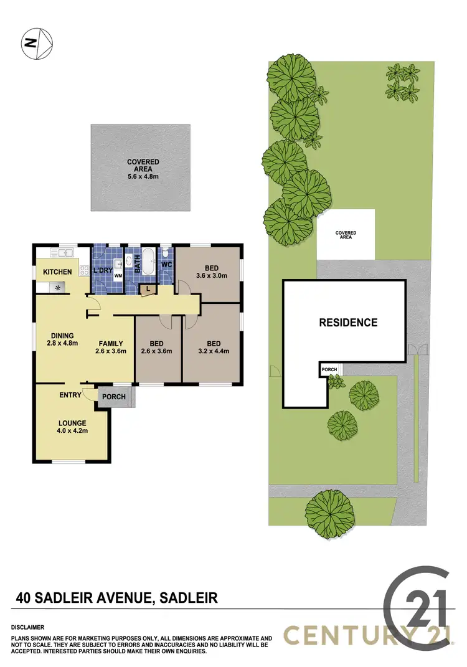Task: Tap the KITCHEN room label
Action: pyautogui.click(x=57, y=272)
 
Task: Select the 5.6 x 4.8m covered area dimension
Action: pyautogui.click(x=143, y=176)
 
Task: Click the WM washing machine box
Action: pyautogui.click(x=118, y=275)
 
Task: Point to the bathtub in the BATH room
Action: pyautogui.click(x=148, y=262)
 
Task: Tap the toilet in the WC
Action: pyautogui.click(x=166, y=255)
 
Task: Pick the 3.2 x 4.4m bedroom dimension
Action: pyautogui.click(x=214, y=351)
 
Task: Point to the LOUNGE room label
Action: pyautogui.click(x=72, y=423)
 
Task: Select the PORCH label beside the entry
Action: pyautogui.click(x=113, y=397)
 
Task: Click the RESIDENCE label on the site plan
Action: pyautogui.click(x=348, y=323)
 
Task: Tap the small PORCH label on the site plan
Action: pyautogui.click(x=329, y=369)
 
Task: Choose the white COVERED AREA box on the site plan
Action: pyautogui.click(x=346, y=235)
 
